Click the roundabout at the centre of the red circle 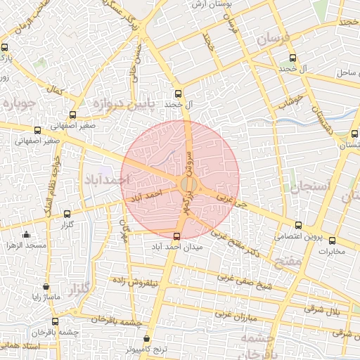coord(188,184)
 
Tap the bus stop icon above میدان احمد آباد coord(176,236)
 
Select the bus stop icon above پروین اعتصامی coord(299,226)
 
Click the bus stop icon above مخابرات coord(332,240)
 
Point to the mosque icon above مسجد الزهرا coord(27,234)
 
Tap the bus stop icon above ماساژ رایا coord(46,287)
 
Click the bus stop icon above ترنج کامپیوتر coord(147,339)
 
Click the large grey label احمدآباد coord(106,181)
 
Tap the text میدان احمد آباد coord(177,247)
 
